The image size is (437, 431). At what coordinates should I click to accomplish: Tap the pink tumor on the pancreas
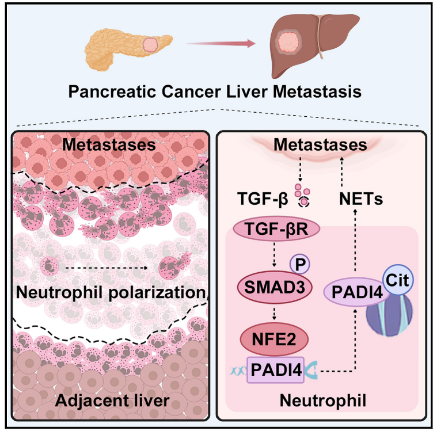(x=151, y=44)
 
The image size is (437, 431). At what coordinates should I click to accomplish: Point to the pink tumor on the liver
(x=289, y=42)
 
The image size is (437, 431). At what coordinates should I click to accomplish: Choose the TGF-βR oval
(x=276, y=229)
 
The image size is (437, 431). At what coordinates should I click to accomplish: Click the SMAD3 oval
(x=275, y=287)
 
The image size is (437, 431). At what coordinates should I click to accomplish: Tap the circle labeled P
(x=300, y=264)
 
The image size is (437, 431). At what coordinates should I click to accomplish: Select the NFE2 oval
(x=274, y=339)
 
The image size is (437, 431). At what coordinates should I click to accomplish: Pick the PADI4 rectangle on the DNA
(x=276, y=370)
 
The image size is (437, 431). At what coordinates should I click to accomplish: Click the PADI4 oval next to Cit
(x=356, y=292)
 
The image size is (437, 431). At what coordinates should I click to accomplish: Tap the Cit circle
(x=398, y=280)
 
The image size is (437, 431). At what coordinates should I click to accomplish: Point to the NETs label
(x=361, y=199)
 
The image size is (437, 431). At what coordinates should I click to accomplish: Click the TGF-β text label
(x=263, y=199)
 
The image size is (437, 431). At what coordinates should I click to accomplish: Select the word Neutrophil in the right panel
(x=323, y=401)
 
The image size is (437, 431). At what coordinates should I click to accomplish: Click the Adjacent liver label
(x=112, y=401)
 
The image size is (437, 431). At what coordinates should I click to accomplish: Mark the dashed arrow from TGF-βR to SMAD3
(x=274, y=255)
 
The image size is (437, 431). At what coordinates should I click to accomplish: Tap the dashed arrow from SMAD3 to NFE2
(x=274, y=313)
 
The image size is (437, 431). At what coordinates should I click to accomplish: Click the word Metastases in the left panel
(x=109, y=145)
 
